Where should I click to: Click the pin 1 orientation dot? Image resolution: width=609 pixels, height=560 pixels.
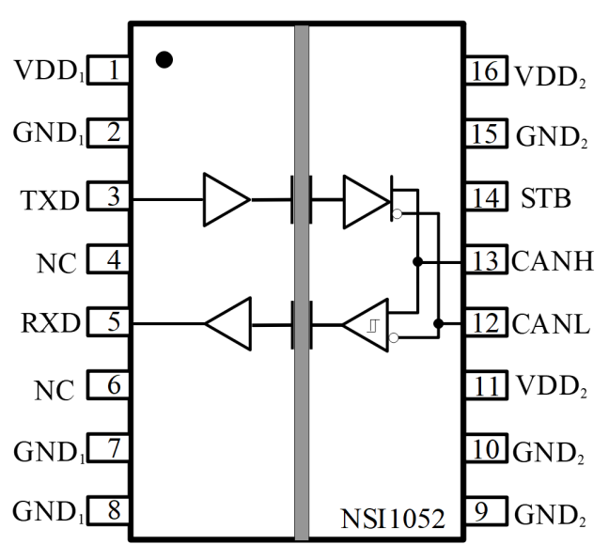(164, 59)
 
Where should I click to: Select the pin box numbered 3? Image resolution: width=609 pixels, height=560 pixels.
(109, 197)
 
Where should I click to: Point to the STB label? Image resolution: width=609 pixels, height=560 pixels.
(545, 199)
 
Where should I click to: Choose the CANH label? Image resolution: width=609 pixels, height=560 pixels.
(553, 261)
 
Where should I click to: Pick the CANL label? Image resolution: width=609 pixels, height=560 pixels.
(552, 325)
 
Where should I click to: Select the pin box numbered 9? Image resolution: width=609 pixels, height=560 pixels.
(485, 513)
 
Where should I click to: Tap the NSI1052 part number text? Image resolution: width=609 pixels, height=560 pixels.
(392, 517)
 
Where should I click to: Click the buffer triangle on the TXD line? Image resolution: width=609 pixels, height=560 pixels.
(226, 199)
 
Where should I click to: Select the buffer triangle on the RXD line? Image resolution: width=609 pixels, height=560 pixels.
(228, 325)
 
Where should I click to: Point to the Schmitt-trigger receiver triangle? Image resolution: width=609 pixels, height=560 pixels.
(366, 325)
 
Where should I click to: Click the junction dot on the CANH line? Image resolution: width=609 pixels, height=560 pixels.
(417, 261)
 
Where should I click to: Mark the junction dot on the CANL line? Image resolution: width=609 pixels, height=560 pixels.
(438, 324)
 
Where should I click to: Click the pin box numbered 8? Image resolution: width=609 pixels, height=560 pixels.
(109, 512)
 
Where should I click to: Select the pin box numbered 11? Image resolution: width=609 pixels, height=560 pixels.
(485, 385)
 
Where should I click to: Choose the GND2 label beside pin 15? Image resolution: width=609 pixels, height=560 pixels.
(552, 137)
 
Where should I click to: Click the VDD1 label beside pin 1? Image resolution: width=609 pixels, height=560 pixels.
(49, 71)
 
